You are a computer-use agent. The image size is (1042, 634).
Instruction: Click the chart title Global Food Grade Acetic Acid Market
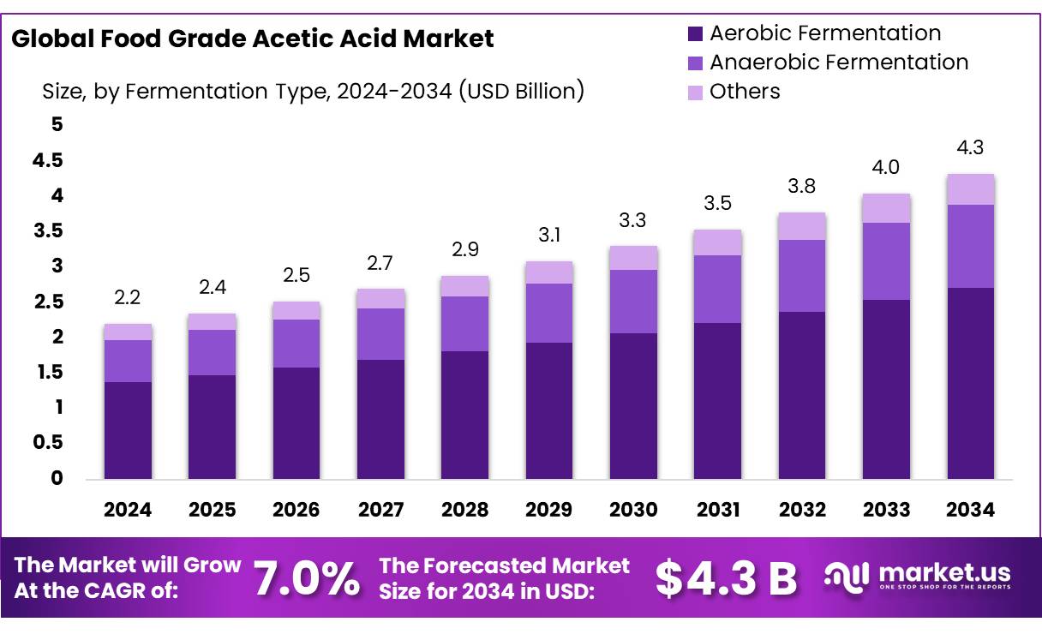pyautogui.click(x=253, y=39)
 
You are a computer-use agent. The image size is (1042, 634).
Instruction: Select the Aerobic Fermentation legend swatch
pyautogui.click(x=695, y=34)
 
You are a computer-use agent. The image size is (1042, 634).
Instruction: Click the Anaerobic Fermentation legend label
pyautogui.click(x=839, y=63)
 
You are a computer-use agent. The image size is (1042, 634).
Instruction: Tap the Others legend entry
pyautogui.click(x=745, y=92)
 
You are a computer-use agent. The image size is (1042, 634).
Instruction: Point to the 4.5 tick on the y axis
pyautogui.click(x=47, y=161)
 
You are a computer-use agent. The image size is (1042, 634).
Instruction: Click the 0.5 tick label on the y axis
pyautogui.click(x=47, y=443)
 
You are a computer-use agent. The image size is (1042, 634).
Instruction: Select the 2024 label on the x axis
pyautogui.click(x=128, y=511)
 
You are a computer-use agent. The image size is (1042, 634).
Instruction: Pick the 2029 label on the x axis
pyautogui.click(x=548, y=511)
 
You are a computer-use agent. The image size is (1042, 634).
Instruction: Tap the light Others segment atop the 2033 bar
pyautogui.click(x=886, y=208)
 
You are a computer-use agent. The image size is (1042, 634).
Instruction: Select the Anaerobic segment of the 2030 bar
pyautogui.click(x=633, y=302)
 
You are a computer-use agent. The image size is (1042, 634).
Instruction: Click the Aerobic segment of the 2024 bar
pyautogui.click(x=128, y=430)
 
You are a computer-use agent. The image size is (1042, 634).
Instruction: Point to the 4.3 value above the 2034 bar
pyautogui.click(x=971, y=147)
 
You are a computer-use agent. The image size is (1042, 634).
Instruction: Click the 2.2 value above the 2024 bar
pyautogui.click(x=128, y=297)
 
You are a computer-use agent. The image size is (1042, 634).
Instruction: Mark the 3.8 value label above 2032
pyautogui.click(x=802, y=186)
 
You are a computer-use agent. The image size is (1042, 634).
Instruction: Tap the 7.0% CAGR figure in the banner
pyautogui.click(x=307, y=579)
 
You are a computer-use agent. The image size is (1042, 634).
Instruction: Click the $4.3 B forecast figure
pyautogui.click(x=726, y=579)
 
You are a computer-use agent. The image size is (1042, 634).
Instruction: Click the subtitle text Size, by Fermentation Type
pyautogui.click(x=313, y=91)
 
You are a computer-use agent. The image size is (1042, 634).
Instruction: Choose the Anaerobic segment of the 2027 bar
pyautogui.click(x=380, y=334)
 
